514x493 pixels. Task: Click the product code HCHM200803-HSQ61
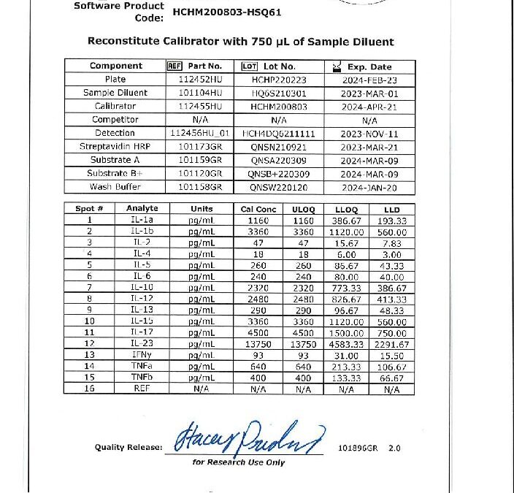(227, 12)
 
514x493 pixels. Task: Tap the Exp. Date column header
(369, 66)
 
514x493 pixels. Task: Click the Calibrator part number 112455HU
(195, 106)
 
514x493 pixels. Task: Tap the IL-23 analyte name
(142, 343)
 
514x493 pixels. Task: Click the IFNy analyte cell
(142, 355)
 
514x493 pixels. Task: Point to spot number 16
(90, 389)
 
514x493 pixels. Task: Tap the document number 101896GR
(356, 446)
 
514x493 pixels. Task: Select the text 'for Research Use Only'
(238, 462)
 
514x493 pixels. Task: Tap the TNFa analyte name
(142, 367)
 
